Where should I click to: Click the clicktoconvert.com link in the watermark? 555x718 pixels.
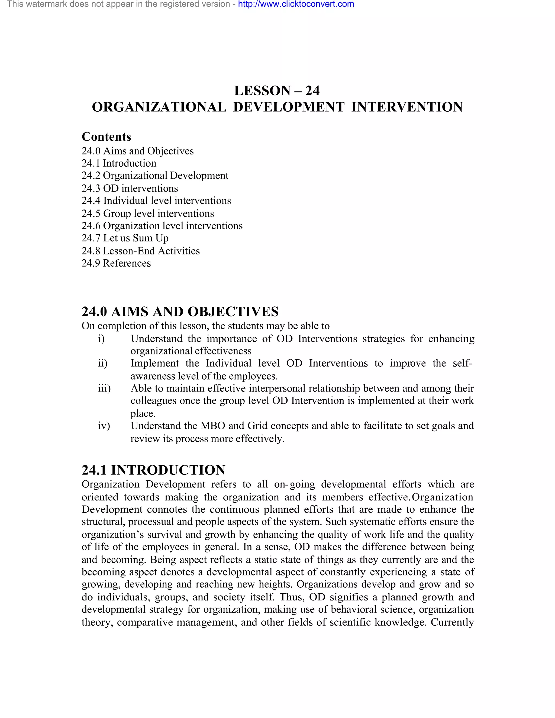click(296, 4)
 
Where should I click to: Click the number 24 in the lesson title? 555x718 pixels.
click(312, 91)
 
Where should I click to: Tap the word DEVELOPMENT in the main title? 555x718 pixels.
click(289, 107)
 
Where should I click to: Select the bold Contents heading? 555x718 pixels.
click(106, 137)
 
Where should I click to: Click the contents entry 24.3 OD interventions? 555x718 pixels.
click(130, 188)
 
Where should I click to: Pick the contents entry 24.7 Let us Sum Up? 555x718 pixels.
click(125, 238)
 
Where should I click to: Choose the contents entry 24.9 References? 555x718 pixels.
click(116, 263)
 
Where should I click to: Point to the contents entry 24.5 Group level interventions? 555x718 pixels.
click(148, 213)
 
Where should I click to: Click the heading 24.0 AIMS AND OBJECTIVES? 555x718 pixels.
click(180, 311)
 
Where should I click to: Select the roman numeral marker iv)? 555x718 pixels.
click(104, 426)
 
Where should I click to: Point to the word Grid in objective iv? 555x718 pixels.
click(257, 426)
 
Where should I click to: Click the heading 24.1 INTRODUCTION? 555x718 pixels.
click(153, 470)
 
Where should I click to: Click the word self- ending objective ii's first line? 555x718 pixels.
click(462, 363)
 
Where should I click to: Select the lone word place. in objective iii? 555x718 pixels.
click(143, 413)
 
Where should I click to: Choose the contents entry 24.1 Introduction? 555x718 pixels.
click(119, 163)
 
